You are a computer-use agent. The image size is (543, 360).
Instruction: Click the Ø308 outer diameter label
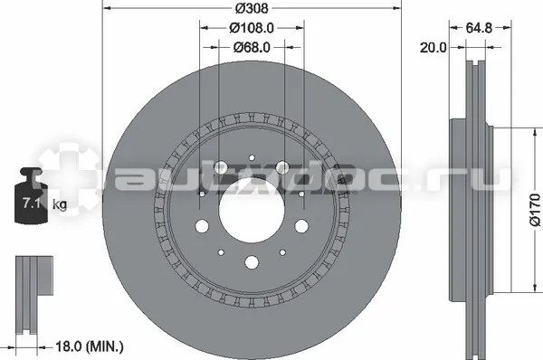(252, 8)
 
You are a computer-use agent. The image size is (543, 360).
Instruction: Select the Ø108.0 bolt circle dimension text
(252, 28)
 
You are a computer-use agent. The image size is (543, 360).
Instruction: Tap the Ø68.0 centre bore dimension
(252, 47)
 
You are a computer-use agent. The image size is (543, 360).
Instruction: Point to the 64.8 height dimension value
(479, 28)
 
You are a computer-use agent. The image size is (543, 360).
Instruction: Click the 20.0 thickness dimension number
(433, 47)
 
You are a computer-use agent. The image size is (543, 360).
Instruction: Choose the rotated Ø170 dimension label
(535, 210)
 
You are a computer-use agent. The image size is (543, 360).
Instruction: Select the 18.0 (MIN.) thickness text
(90, 346)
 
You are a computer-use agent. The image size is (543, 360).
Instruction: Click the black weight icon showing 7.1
(31, 195)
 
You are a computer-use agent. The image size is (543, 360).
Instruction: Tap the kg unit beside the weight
(60, 205)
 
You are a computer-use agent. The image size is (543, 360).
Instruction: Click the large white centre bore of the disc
(252, 210)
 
